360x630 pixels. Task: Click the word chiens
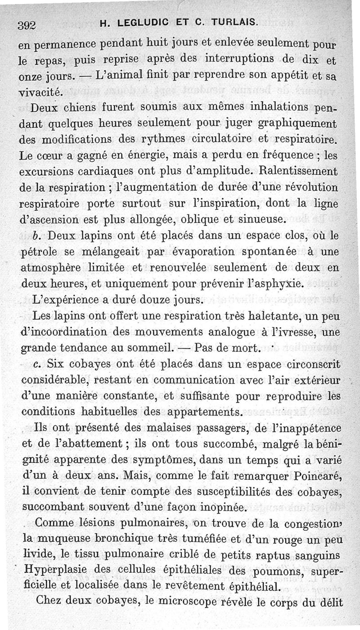(x=83, y=109)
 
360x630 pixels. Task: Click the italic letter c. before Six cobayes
(x=37, y=364)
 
